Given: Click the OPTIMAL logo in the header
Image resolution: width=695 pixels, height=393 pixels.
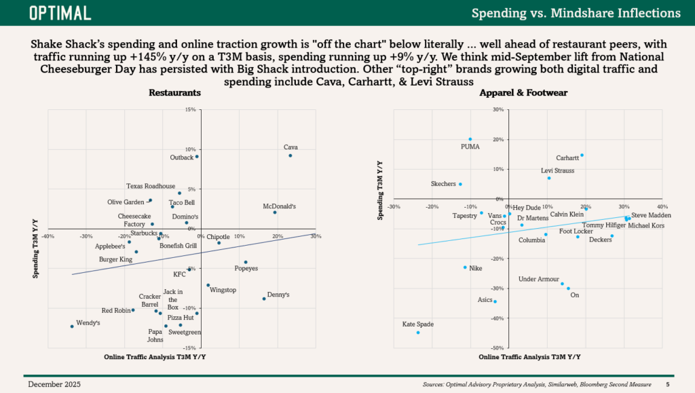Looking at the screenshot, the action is [60, 14].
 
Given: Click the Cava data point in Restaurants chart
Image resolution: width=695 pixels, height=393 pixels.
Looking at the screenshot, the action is [290, 155].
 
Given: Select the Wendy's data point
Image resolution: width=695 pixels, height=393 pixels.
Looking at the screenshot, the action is [72, 326].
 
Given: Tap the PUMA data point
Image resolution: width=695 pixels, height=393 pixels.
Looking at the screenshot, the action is [470, 139].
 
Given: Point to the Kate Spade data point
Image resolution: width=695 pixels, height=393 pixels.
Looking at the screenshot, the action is [418, 333].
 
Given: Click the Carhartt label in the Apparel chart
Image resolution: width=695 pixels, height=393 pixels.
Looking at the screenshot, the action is [567, 157].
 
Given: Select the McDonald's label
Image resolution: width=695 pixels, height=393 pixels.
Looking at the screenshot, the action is [279, 206].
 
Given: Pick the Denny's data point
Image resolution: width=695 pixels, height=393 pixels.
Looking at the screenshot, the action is [264, 299].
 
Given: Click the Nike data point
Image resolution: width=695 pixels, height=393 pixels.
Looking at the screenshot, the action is [465, 267].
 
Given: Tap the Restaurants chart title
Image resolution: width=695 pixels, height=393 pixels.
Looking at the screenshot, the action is [174, 92].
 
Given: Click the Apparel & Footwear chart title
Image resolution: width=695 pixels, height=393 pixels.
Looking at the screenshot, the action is [523, 92].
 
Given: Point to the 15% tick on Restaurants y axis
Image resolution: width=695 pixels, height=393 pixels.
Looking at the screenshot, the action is [191, 109].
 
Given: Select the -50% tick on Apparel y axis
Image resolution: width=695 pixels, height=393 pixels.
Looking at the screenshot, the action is [497, 348].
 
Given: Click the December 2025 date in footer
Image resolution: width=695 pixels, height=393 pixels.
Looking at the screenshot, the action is [54, 384].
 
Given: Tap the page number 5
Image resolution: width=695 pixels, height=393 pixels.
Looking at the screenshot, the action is [668, 385].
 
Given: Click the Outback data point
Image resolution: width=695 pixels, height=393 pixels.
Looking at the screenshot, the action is [197, 156].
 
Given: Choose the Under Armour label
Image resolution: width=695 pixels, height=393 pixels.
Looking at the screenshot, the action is [539, 279].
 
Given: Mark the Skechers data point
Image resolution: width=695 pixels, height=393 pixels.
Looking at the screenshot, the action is [460, 185].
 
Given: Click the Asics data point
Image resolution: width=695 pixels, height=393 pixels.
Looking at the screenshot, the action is [495, 302].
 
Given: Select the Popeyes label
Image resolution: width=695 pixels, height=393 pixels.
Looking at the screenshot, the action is [246, 269].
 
